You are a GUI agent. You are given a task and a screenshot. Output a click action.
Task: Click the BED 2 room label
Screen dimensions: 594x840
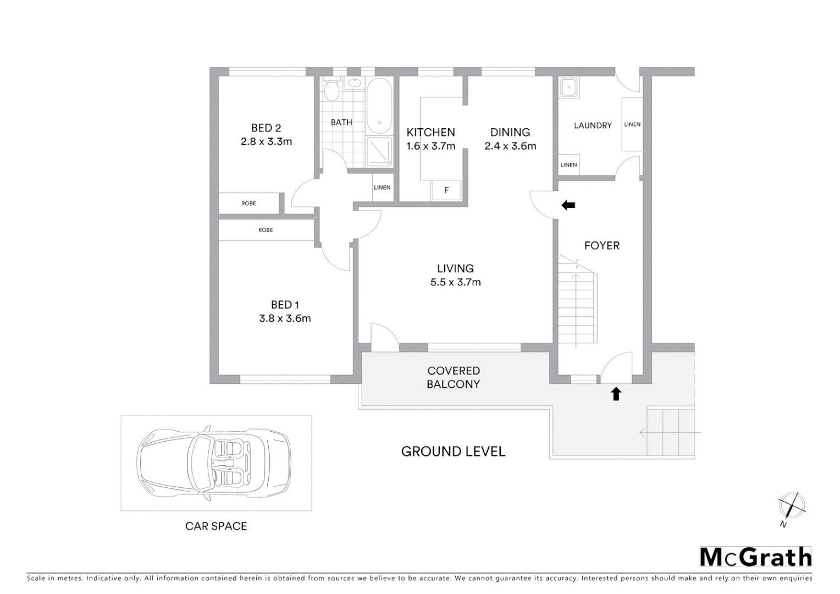click(266, 128)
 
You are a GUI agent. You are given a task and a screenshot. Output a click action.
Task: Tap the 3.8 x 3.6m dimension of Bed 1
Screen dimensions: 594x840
click(285, 318)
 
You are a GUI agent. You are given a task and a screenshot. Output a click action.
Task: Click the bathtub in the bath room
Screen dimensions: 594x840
click(379, 106)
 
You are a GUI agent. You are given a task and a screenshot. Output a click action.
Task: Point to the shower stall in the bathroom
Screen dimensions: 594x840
click(379, 151)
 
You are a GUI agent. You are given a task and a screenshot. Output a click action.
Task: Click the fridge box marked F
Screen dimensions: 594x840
click(446, 190)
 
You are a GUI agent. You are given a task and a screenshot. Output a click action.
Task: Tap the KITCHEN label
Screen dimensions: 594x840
click(430, 133)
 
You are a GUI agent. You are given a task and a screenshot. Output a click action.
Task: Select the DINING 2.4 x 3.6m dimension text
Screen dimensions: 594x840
click(510, 146)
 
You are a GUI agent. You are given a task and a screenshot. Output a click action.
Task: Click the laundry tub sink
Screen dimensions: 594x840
click(569, 87)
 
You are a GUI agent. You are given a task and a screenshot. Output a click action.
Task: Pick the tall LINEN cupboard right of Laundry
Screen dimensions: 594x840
click(632, 124)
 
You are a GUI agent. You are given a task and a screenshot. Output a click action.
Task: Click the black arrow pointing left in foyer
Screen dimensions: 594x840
click(568, 205)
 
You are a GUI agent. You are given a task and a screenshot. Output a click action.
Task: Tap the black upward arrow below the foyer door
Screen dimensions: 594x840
click(616, 393)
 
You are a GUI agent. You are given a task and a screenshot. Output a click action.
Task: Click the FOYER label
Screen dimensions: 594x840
click(601, 246)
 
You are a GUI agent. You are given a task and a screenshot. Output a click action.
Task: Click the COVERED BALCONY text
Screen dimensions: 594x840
click(454, 377)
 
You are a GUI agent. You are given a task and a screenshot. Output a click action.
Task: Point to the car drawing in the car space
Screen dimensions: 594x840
click(214, 463)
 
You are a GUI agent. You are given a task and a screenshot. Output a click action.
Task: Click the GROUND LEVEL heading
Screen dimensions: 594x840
click(453, 452)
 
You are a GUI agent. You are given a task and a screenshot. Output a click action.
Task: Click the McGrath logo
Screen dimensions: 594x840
click(755, 557)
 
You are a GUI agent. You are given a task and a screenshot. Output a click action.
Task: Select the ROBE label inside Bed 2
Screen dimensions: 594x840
click(248, 204)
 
